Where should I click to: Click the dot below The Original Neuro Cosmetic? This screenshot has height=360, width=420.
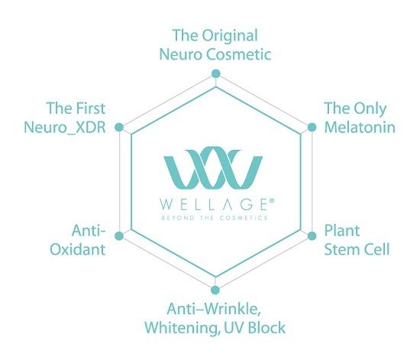tap(215, 73)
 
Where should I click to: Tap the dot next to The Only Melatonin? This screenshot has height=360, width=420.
tap(312, 127)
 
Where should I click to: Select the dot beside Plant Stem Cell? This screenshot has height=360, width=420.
tap(312, 236)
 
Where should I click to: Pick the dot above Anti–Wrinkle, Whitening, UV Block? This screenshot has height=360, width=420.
tap(215, 290)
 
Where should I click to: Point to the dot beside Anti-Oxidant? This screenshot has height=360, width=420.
tap(119, 236)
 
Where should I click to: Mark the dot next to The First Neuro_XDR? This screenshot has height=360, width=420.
tap(119, 127)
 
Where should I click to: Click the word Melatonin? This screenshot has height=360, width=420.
tap(360, 127)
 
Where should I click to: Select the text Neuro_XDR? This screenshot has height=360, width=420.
tap(65, 128)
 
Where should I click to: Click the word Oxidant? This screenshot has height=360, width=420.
tap(78, 249)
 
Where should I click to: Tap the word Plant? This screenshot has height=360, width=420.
tap(342, 231)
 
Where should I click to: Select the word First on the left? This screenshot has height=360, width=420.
tap(91, 109)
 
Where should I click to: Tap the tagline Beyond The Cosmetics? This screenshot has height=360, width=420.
tap(215, 218)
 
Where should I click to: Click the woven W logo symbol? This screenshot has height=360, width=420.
tap(213, 167)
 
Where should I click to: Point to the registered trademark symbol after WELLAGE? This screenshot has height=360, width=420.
tap(271, 200)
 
